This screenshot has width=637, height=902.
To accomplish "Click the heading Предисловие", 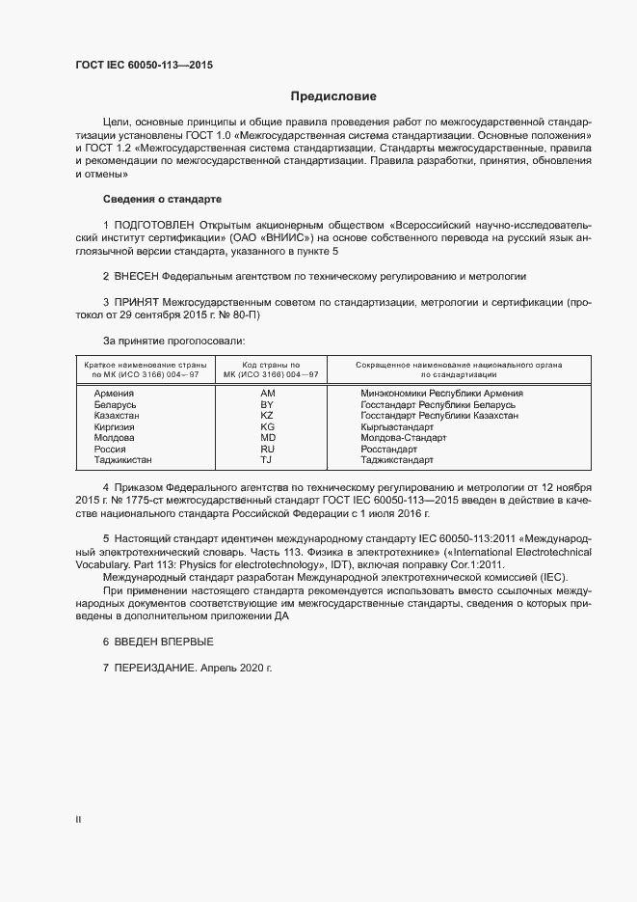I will (333, 96).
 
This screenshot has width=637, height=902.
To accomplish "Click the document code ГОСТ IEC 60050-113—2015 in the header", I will (145, 66).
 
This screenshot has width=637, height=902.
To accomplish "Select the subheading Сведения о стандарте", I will (162, 199).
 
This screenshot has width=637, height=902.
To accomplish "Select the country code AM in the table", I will (268, 394).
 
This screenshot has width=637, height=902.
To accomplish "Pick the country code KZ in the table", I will (268, 415).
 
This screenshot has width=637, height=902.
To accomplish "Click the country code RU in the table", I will (268, 449).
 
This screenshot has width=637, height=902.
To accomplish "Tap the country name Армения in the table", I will (114, 394).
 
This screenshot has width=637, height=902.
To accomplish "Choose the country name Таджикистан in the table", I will (122, 460).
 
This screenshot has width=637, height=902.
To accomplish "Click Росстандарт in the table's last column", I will (389, 449).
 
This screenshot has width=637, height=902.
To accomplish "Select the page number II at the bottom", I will (78, 820).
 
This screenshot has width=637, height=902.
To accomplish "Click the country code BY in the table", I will (268, 404).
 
